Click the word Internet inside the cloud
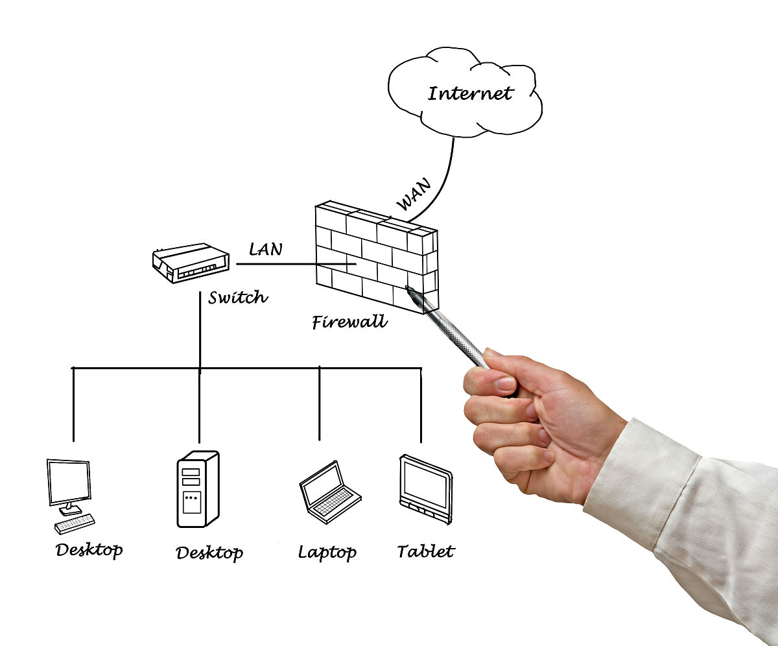(470, 93)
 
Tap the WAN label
(413, 195)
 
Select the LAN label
(266, 248)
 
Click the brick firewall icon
(376, 256)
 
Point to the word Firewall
(349, 322)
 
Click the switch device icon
(191, 263)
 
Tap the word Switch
(238, 298)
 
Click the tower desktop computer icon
(198, 490)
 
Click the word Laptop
(327, 553)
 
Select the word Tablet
(425, 552)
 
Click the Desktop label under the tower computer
(209, 553)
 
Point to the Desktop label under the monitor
(89, 550)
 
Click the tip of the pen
(408, 288)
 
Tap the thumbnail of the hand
(504, 383)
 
